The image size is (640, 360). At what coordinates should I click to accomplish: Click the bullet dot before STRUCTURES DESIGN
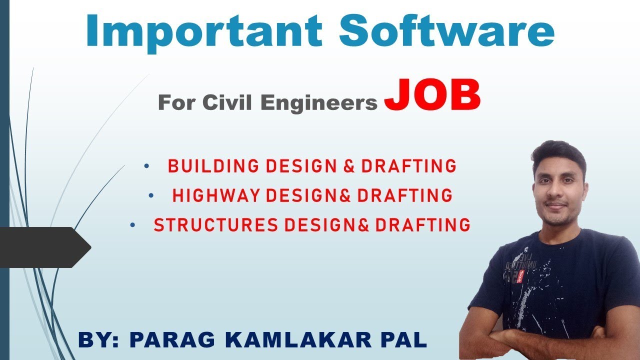tap(132, 225)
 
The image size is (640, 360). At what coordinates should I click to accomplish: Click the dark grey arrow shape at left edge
tap(45, 246)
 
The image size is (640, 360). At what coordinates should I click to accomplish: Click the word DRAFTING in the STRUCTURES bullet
tap(422, 225)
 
